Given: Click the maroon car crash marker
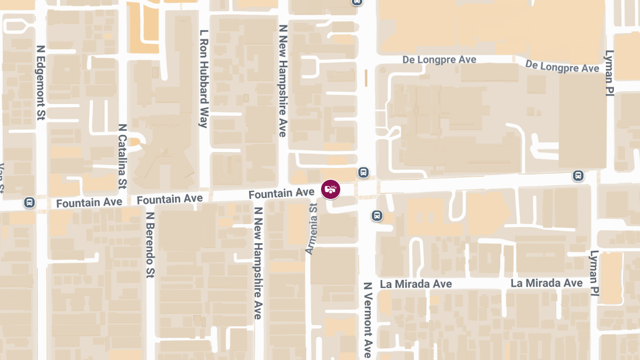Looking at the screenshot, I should coord(331,189).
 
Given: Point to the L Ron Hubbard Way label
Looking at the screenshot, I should coord(203,79).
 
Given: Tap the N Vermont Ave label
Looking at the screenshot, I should coord(367,320).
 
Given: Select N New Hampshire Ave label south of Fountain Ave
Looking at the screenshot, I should coord(258,263).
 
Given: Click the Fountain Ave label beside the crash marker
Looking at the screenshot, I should coord(282,193).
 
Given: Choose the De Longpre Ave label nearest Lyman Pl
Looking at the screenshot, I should coord(562,67).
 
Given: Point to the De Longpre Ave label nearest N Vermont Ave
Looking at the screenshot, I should coord(439,60).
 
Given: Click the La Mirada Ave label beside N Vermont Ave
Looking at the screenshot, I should coord(416,284).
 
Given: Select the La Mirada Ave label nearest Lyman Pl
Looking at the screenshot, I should coord(547,283).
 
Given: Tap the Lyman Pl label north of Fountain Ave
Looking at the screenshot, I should coord(609,73).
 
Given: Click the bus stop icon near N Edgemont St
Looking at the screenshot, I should coord(29,203).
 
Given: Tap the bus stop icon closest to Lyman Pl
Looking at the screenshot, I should coord(578,175).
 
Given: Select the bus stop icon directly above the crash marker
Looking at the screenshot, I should coord(363,172).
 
